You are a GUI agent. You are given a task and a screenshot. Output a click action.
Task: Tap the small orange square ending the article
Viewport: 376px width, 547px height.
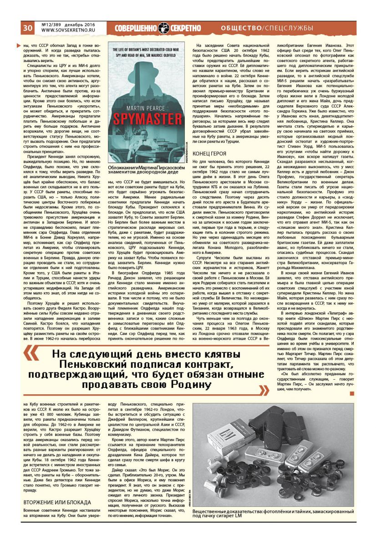pos(351,392)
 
